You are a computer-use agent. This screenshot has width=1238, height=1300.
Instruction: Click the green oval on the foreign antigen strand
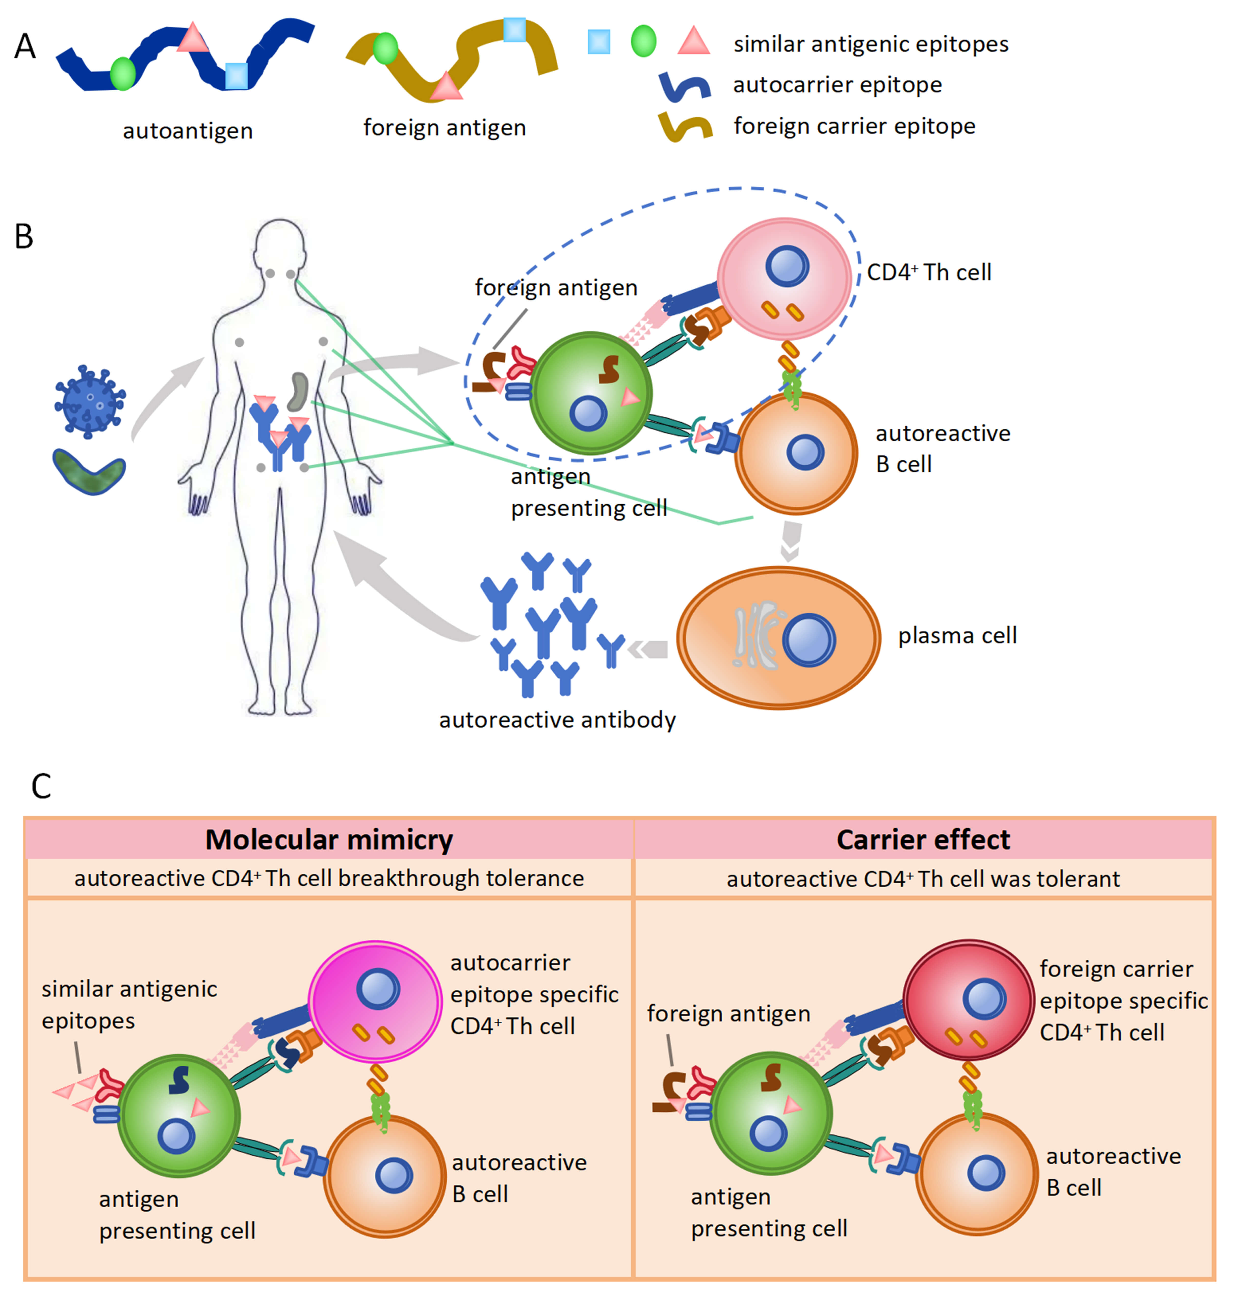[385, 49]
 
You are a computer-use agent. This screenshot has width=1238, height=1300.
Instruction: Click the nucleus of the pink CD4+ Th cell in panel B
[787, 266]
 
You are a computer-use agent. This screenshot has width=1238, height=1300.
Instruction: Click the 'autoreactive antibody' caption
[558, 720]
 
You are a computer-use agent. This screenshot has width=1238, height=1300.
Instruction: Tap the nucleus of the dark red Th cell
[984, 999]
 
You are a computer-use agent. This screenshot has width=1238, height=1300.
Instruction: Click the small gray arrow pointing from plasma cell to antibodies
[647, 650]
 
